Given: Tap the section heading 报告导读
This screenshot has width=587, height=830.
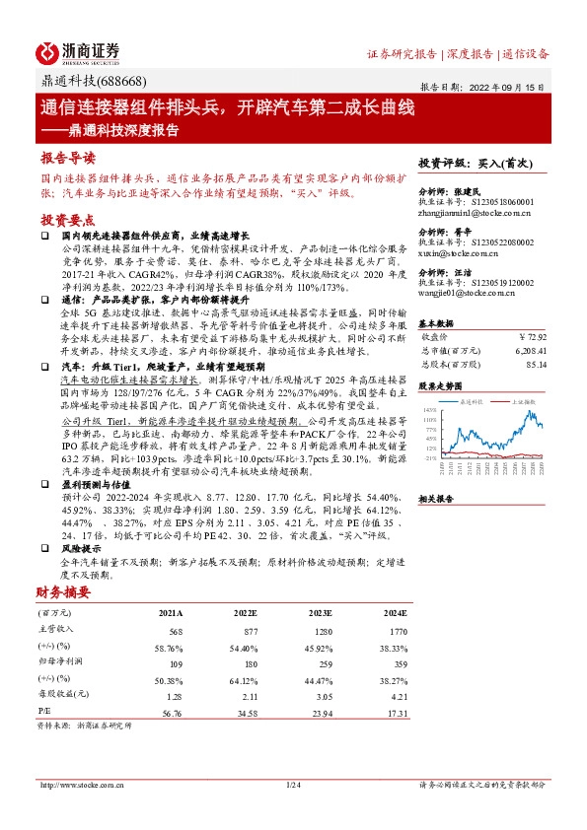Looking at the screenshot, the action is click(68, 158).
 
